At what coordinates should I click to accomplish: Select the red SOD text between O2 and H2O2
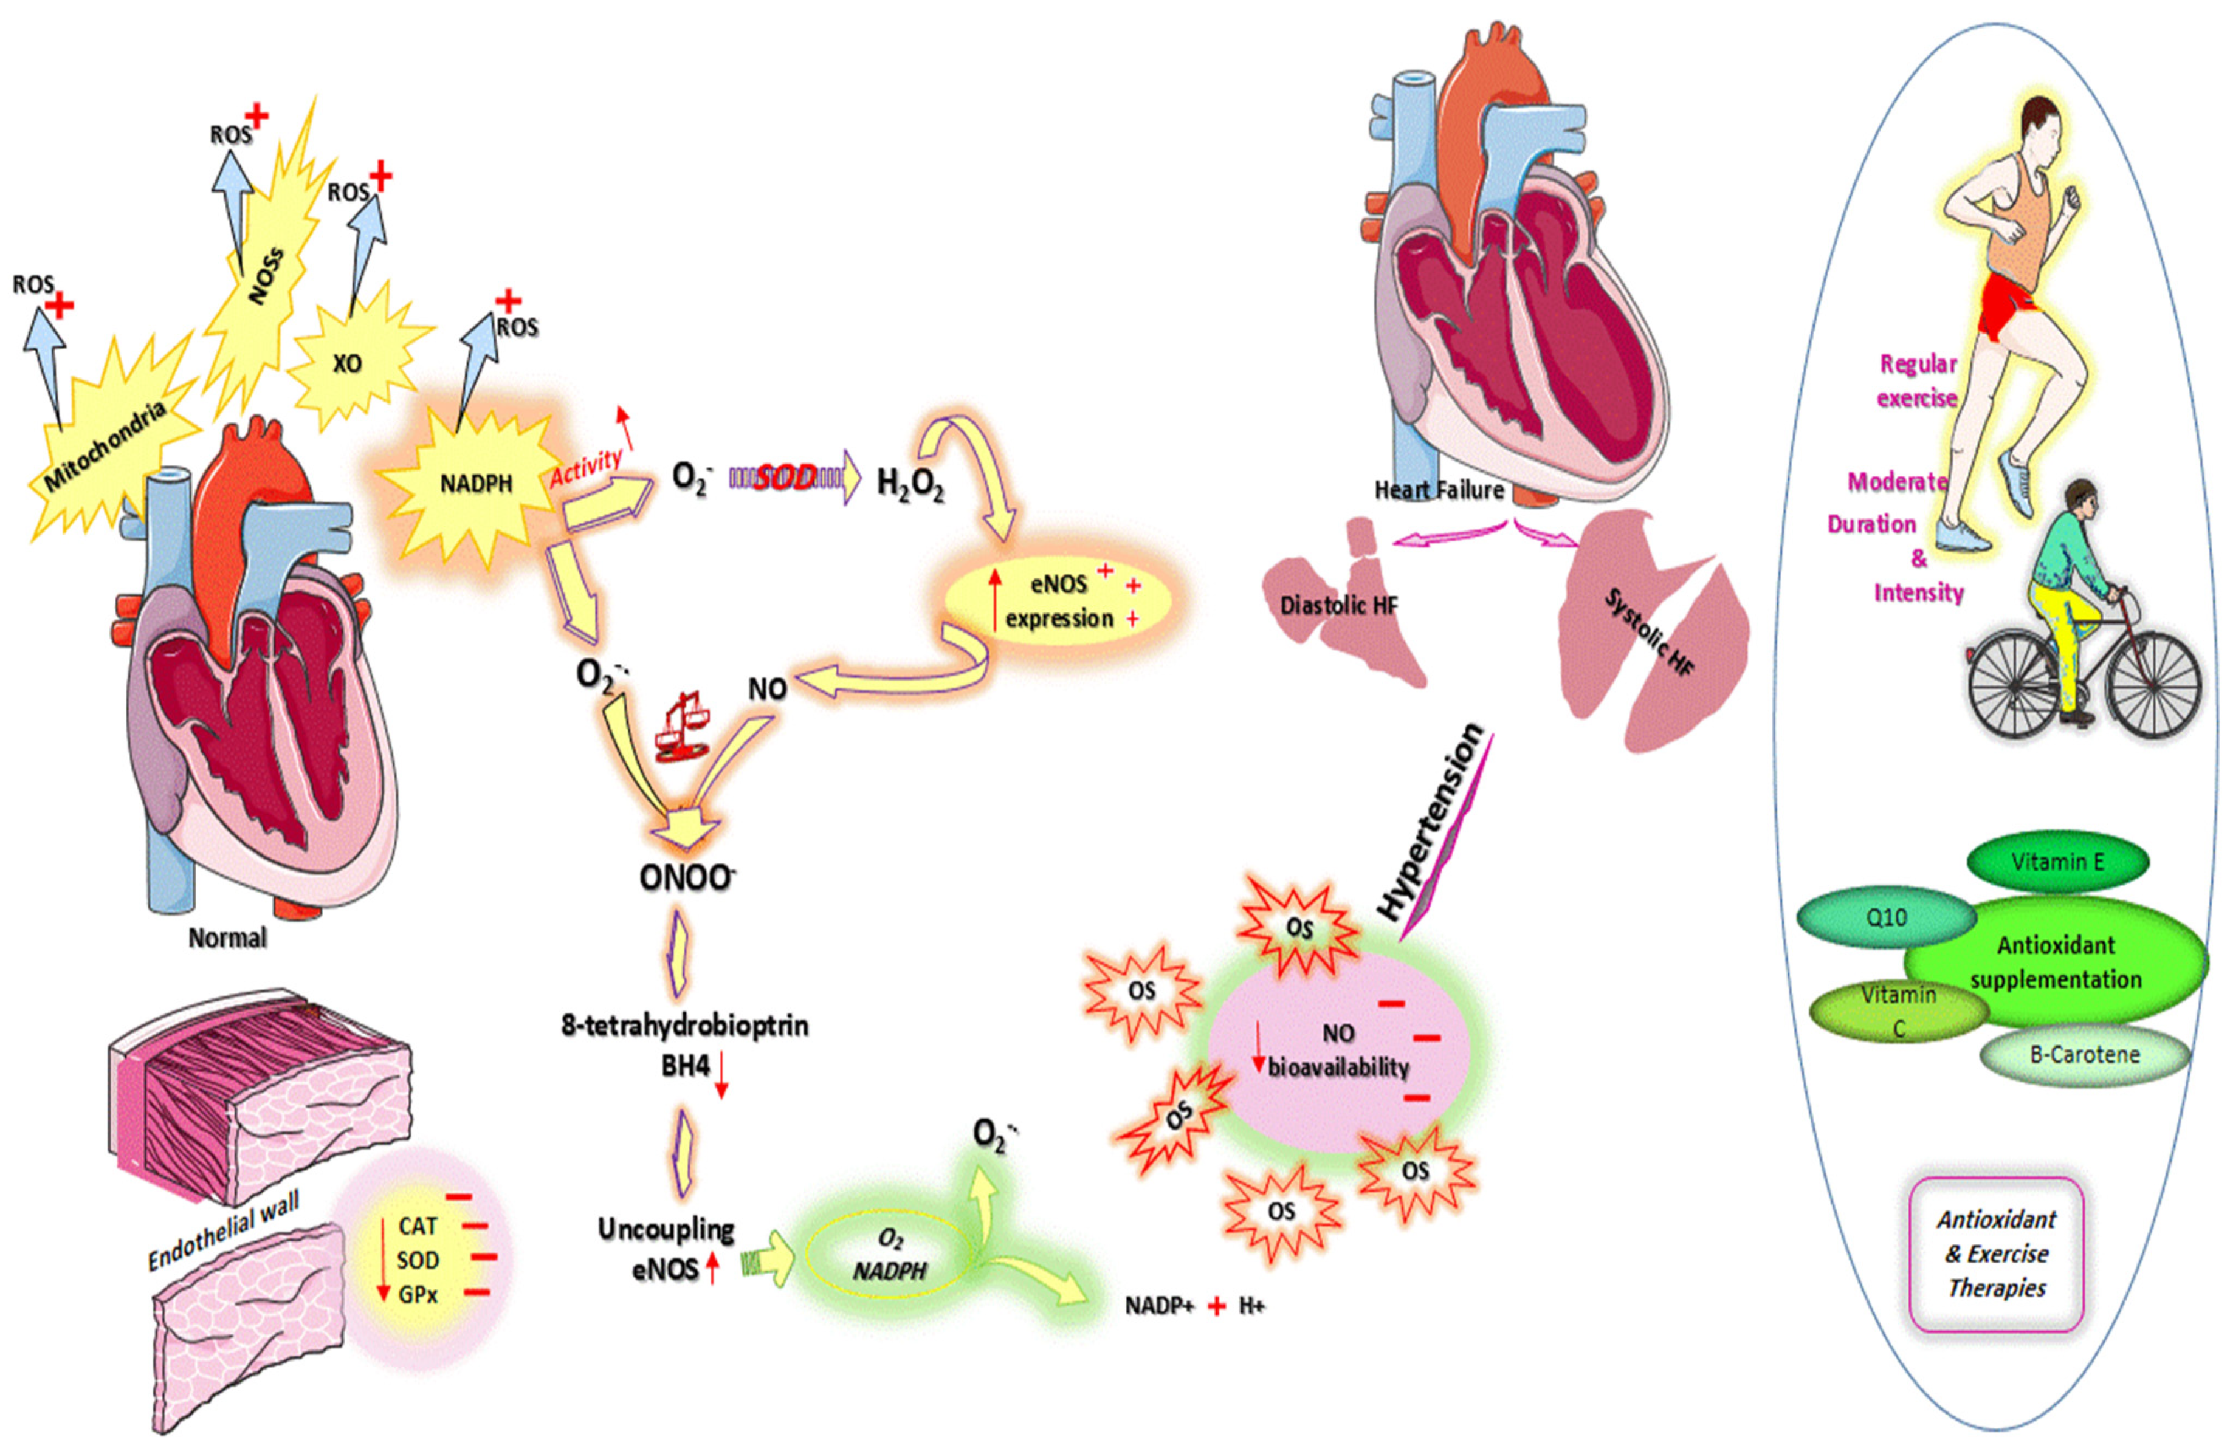click(785, 478)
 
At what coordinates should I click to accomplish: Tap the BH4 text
click(685, 1066)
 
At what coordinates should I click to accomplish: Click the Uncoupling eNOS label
click(666, 1249)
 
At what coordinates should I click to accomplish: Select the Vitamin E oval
click(2057, 861)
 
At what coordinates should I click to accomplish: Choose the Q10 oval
click(1886, 918)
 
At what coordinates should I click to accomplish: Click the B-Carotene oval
click(2085, 1055)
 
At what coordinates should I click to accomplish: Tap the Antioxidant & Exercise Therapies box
click(1997, 1253)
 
